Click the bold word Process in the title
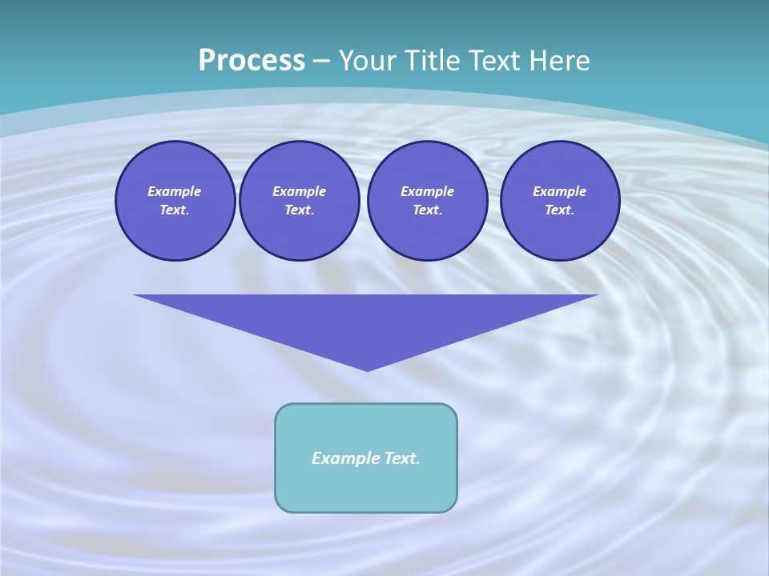point(252,61)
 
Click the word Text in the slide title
point(493,61)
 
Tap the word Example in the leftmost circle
point(175,191)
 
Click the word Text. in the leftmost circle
point(175,210)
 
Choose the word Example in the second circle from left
point(299,191)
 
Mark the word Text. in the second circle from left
point(299,210)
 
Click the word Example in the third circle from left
point(427,191)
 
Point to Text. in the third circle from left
point(427,210)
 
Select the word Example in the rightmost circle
point(559,191)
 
